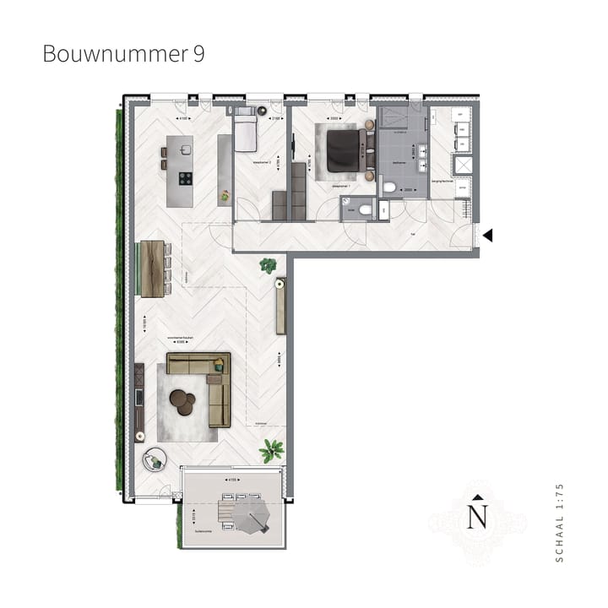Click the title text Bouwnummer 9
[122, 54]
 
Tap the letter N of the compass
[478, 516]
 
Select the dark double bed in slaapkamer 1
[345, 149]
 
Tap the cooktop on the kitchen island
[185, 178]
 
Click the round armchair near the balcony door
[155, 459]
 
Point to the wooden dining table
[153, 269]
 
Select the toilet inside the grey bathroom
[388, 187]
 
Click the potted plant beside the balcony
[271, 450]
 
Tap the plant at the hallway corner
[269, 265]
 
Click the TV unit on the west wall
[139, 397]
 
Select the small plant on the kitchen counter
[225, 197]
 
